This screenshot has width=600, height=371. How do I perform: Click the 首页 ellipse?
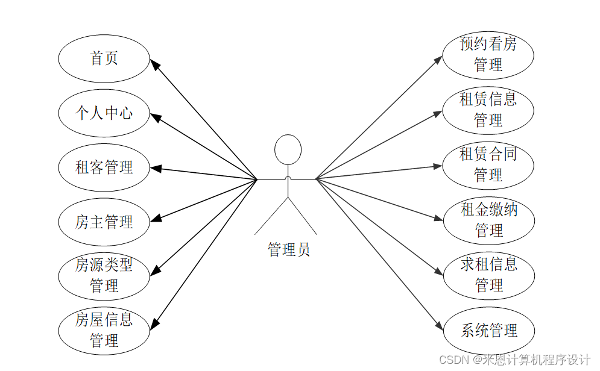(104, 58)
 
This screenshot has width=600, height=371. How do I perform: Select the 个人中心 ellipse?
(104, 113)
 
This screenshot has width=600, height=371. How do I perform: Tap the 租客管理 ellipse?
(104, 167)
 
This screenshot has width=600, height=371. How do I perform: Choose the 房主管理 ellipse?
(104, 222)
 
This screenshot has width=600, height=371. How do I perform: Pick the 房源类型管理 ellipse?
(104, 275)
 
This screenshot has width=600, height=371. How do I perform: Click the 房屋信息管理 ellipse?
(104, 330)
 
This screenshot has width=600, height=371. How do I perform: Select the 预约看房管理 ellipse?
(488, 55)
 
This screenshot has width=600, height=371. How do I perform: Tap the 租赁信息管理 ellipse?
(488, 110)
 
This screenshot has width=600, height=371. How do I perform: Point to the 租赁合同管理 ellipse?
(488, 164)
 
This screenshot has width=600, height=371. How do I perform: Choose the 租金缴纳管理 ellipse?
(488, 220)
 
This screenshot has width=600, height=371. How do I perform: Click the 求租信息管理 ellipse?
(488, 275)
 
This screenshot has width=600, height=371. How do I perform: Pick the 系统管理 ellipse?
(488, 330)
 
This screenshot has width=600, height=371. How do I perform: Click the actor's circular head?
(288, 149)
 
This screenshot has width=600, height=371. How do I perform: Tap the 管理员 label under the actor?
(288, 249)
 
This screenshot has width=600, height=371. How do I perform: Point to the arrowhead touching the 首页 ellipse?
(155, 65)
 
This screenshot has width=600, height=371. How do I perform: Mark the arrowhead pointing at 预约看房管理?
(438, 60)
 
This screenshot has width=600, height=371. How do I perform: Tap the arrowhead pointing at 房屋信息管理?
(155, 323)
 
